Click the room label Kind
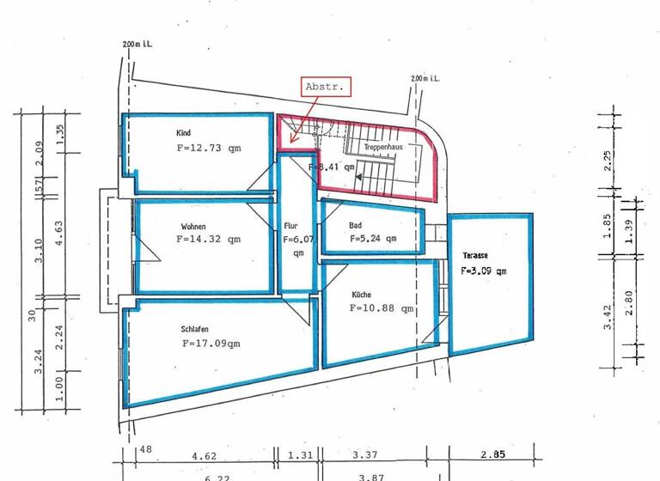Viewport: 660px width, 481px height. [x=183, y=133]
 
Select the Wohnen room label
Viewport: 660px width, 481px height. [x=192, y=227]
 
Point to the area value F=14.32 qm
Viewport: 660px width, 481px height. [x=208, y=240]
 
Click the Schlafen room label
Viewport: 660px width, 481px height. [x=195, y=328]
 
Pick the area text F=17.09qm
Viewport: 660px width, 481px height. [x=211, y=343]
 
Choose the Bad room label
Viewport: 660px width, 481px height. [x=355, y=226]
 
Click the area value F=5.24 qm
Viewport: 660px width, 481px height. [x=372, y=240]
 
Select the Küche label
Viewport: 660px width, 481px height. [x=361, y=294]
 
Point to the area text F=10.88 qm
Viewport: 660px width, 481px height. [x=382, y=308]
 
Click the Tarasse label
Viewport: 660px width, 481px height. [x=474, y=256]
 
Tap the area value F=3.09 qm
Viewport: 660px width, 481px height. [x=483, y=271]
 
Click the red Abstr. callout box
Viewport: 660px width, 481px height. [x=326, y=87]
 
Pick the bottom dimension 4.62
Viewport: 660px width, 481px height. [x=205, y=454]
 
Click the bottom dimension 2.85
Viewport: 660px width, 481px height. [x=492, y=454]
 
